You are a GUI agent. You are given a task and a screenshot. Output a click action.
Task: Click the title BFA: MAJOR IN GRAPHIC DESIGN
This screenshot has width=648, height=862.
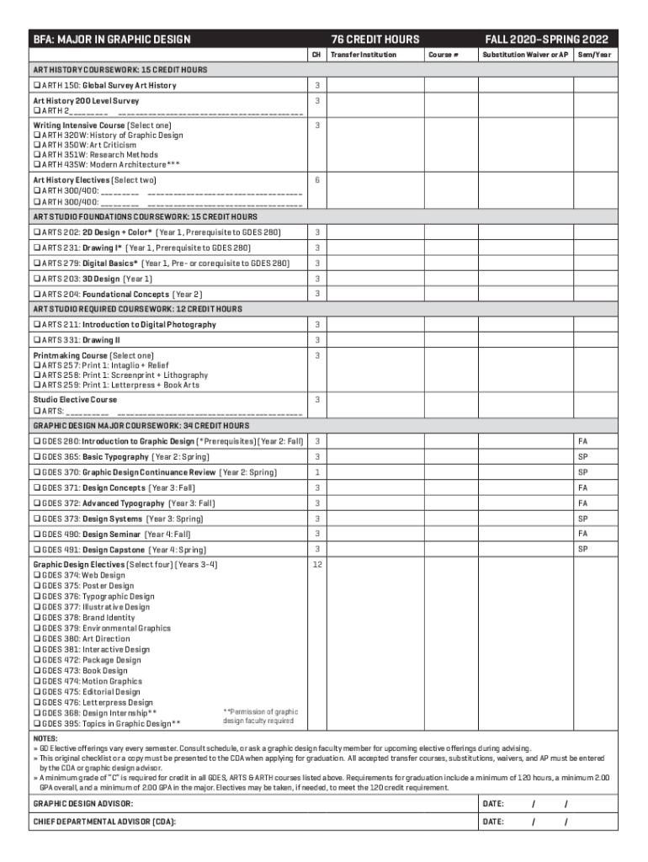tap(112, 40)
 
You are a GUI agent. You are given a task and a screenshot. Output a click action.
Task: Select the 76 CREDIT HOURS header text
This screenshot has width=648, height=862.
tap(374, 40)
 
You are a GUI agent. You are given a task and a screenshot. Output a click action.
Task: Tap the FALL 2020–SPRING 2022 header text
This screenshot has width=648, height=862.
tap(546, 40)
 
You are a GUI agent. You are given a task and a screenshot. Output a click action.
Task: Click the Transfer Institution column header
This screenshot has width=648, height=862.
tap(363, 55)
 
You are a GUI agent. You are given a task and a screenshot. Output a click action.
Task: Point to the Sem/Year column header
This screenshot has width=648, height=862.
tap(594, 55)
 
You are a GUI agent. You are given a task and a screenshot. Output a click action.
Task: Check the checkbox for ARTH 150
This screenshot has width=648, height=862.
tap(36, 86)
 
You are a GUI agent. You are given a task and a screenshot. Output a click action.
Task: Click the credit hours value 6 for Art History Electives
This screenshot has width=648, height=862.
tap(316, 180)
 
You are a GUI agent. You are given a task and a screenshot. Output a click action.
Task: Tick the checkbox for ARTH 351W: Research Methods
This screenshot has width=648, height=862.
tap(36, 155)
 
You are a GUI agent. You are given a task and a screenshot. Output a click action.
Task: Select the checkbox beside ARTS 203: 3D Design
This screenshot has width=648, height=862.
tap(36, 279)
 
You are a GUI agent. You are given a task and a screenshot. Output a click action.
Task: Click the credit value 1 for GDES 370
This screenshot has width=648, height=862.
tap(316, 472)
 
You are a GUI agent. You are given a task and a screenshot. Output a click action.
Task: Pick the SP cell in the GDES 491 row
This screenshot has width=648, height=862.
tap(582, 549)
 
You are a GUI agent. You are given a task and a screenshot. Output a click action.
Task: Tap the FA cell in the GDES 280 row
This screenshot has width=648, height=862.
tap(582, 441)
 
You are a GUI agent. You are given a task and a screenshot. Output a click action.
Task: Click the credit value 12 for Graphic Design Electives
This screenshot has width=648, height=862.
tap(316, 565)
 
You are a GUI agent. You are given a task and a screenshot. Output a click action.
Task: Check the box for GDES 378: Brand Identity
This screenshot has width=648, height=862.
tap(36, 617)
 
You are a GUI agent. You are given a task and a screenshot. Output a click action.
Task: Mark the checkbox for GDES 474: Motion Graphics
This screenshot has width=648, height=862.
tap(36, 681)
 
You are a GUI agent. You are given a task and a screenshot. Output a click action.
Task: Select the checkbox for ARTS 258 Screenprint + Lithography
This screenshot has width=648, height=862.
tap(36, 375)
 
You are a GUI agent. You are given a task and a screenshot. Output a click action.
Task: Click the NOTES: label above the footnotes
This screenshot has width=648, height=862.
tap(45, 737)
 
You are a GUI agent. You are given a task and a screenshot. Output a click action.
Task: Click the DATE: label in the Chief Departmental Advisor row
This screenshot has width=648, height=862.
tap(493, 822)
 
